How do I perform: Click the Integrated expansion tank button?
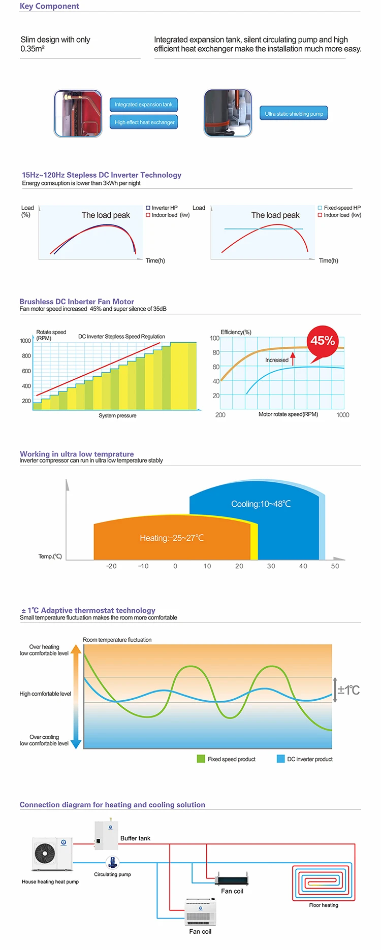(x=143, y=105)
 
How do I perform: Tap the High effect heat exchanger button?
(x=144, y=122)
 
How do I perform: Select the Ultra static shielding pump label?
(x=294, y=114)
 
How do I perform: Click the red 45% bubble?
(x=322, y=340)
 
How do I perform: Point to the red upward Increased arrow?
(x=293, y=357)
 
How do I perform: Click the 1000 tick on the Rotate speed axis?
(x=25, y=341)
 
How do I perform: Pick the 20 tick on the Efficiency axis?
(x=216, y=396)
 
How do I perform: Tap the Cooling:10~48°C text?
(x=261, y=504)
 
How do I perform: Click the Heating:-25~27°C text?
(x=172, y=538)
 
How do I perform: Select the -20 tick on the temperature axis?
(x=111, y=566)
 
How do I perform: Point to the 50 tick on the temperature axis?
(x=335, y=566)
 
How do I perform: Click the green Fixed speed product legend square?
(x=201, y=759)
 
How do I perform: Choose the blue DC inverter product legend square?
(x=280, y=759)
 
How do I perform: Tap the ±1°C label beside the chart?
(x=348, y=690)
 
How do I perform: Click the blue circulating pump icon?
(x=112, y=862)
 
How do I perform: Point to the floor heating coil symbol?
(x=323, y=883)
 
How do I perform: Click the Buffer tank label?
(x=135, y=838)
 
